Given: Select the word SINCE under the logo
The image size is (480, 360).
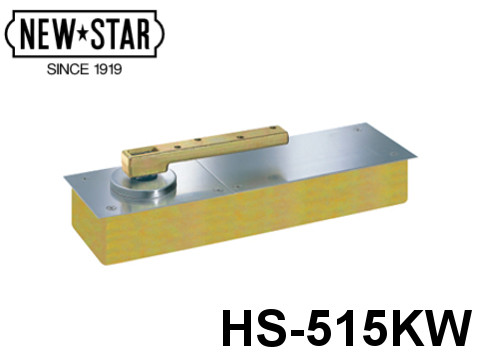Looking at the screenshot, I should (66, 72).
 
